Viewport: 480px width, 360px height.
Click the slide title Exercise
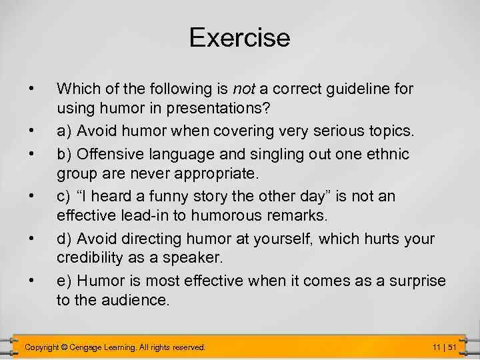tap(239, 37)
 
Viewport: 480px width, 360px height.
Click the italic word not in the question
tap(243, 87)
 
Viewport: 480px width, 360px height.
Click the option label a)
tap(65, 130)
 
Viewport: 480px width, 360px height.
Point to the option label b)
tap(65, 154)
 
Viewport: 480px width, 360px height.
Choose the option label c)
tap(64, 197)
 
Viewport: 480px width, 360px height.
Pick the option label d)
tap(65, 239)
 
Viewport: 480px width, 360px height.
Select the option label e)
tap(65, 281)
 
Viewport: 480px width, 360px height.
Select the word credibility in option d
tap(91, 258)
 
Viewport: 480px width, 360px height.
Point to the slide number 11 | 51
tap(443, 347)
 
